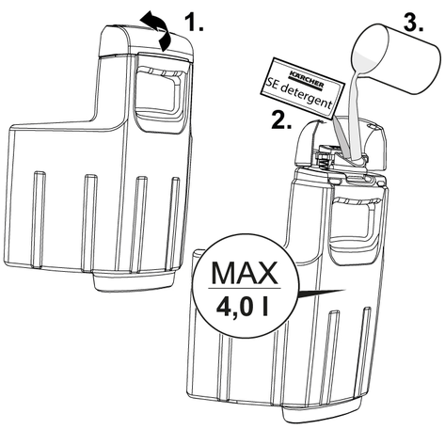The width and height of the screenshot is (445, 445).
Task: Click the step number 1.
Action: pyautogui.click(x=194, y=23)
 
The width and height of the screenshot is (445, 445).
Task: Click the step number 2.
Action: pyautogui.click(x=281, y=119)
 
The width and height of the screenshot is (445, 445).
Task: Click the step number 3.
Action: pyautogui.click(x=413, y=23)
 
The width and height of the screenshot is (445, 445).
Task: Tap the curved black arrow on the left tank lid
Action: pyautogui.click(x=157, y=31)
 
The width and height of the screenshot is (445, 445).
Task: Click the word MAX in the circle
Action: pyautogui.click(x=245, y=273)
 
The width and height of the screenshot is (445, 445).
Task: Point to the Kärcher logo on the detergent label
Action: pyautogui.click(x=307, y=80)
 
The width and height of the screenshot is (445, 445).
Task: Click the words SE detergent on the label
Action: pyautogui.click(x=298, y=93)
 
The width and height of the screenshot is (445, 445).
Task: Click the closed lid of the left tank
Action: pyautogui.click(x=146, y=40)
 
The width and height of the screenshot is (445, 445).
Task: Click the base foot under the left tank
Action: pyautogui.click(x=135, y=280)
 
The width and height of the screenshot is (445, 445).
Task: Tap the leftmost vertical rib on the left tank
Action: pyautogui.click(x=39, y=219)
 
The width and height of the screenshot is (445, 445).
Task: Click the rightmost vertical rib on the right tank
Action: pyautogui.click(x=364, y=351)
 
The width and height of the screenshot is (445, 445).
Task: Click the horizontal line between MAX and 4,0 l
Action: pyautogui.click(x=245, y=288)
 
